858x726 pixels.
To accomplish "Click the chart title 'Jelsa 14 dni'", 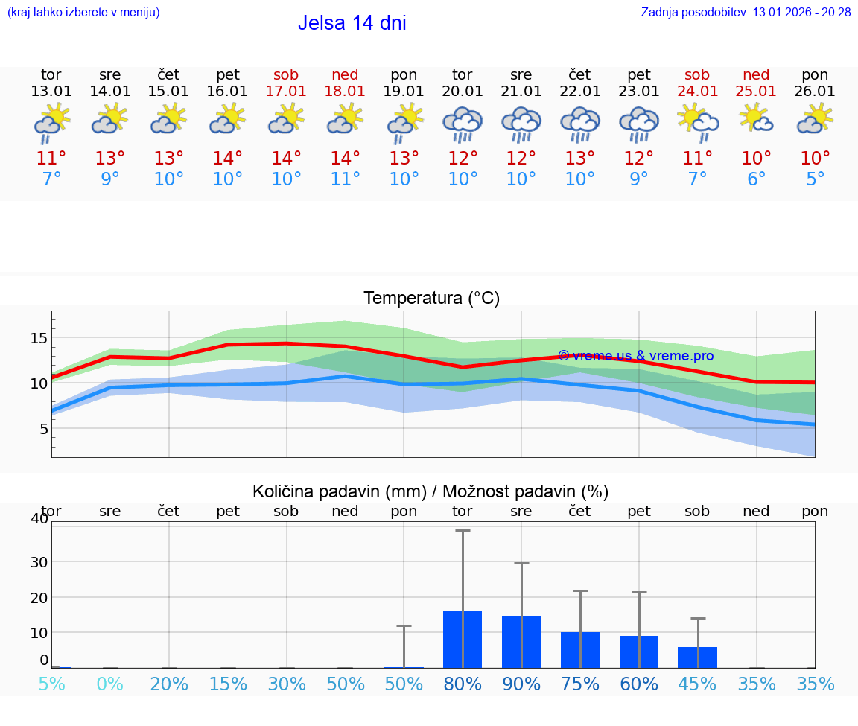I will pyautogui.click(x=352, y=23).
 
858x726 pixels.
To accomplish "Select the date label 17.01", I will pyautogui.click(x=286, y=92).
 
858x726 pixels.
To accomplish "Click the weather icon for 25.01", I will pyautogui.click(x=756, y=119).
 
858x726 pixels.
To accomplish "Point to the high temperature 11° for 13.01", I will pyautogui.click(x=51, y=159).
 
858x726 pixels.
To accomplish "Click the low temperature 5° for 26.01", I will pyautogui.click(x=815, y=179).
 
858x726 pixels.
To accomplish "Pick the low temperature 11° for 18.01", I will pyautogui.click(x=345, y=179).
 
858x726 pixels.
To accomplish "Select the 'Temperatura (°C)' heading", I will pyautogui.click(x=431, y=299).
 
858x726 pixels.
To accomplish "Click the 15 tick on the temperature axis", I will pyautogui.click(x=39, y=338).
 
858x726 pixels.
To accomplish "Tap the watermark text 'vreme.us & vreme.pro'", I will pyautogui.click(x=636, y=356).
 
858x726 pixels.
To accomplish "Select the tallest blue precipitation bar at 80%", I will pyautogui.click(x=463, y=639).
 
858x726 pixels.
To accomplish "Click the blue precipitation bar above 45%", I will pyautogui.click(x=697, y=657).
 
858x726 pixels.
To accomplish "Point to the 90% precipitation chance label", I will pyautogui.click(x=521, y=684).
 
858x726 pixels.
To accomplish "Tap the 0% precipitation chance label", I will pyautogui.click(x=110, y=684).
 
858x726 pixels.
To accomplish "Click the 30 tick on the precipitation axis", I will pyautogui.click(x=39, y=561).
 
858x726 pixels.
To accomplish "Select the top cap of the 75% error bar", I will pyautogui.click(x=580, y=590).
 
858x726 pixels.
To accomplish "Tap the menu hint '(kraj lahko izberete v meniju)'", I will pyautogui.click(x=83, y=13).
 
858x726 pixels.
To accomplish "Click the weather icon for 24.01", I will pyautogui.click(x=697, y=121).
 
